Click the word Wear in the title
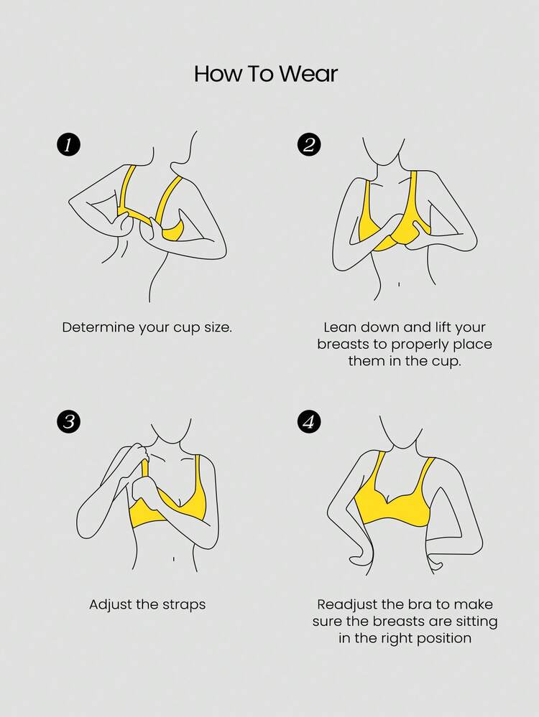click(x=308, y=74)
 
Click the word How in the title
click(x=216, y=74)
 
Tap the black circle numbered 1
click(x=69, y=144)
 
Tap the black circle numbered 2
click(x=309, y=144)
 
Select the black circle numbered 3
click(x=69, y=421)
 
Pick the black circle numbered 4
click(x=309, y=421)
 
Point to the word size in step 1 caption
click(x=218, y=327)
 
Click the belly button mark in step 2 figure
click(x=399, y=284)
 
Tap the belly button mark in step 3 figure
click(x=174, y=559)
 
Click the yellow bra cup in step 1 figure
click(x=173, y=231)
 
